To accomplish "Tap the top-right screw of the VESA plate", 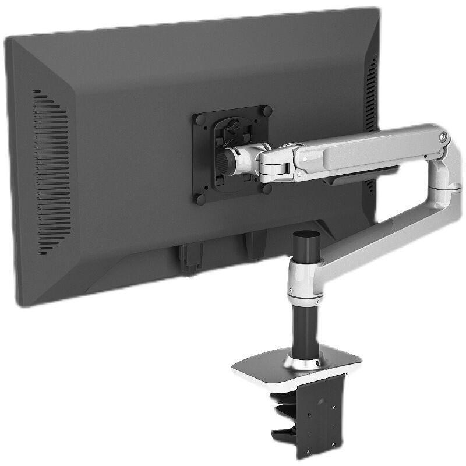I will [267, 110].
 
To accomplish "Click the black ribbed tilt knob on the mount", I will [224, 159].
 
